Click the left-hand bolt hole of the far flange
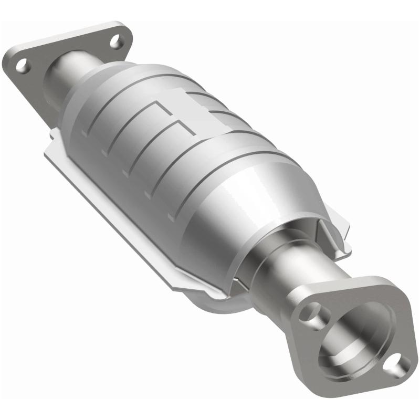click(x=22, y=66)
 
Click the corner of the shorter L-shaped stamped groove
click(x=180, y=124)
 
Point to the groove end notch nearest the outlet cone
click(x=171, y=216)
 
